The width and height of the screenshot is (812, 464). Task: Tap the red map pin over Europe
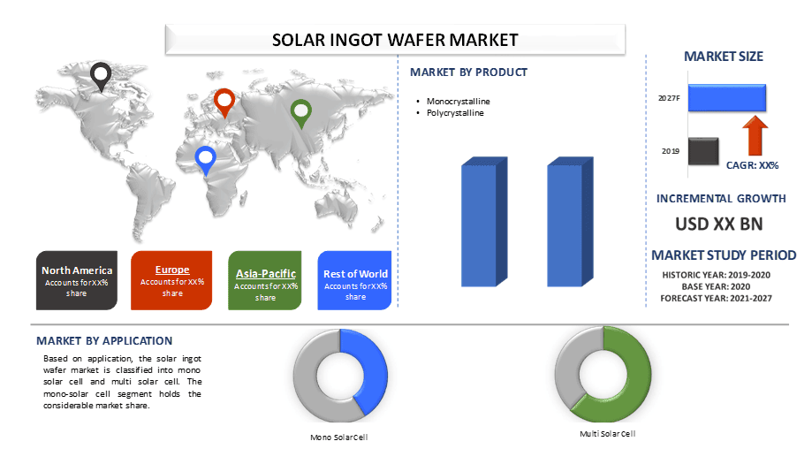[x=224, y=101]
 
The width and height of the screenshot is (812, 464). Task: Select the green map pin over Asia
[x=301, y=111]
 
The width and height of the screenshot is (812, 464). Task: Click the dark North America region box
[x=77, y=281]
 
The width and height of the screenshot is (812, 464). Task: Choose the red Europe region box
[x=171, y=281]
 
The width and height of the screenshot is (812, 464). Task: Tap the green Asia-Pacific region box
[x=265, y=281]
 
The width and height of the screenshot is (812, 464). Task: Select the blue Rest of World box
[x=354, y=281]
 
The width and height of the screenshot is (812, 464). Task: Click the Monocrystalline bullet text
[x=459, y=102]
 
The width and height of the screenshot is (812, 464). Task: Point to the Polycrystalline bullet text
[x=455, y=113]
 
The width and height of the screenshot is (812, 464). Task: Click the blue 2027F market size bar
[x=727, y=98]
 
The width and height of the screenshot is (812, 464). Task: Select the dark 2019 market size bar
[x=703, y=151]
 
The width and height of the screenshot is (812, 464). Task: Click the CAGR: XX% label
[x=752, y=165]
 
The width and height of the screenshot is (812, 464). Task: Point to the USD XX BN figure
[x=719, y=224]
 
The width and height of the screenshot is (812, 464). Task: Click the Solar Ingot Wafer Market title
[x=395, y=40]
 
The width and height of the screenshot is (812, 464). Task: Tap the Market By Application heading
[x=104, y=341]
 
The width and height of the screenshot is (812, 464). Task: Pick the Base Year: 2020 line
[x=716, y=286]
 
